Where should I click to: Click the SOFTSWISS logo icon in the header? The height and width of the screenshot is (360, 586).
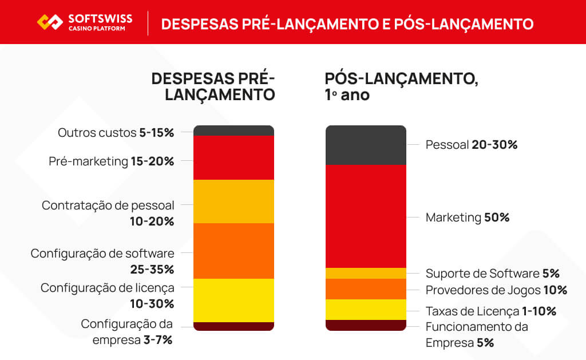tap(50, 22)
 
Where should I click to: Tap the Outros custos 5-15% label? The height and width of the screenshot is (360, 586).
tap(116, 133)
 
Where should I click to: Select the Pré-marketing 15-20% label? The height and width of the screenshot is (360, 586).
tap(111, 161)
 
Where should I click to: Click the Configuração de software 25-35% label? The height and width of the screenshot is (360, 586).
tap(102, 261)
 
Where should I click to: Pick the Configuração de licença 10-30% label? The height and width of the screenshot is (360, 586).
tap(107, 295)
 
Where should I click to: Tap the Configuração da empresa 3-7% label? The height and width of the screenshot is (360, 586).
tap(126, 331)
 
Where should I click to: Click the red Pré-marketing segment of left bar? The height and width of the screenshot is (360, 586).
tap(233, 157)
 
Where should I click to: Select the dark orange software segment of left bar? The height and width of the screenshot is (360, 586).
tap(233, 251)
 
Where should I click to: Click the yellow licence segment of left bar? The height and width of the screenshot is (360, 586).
tap(233, 300)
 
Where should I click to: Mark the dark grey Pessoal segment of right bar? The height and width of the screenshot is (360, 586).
tap(366, 145)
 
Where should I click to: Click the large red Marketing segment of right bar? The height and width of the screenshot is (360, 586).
tap(366, 216)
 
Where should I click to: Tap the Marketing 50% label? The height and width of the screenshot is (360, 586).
tap(467, 217)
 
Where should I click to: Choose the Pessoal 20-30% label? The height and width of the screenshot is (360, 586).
tap(471, 145)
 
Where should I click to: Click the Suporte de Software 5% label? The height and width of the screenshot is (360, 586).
tap(492, 274)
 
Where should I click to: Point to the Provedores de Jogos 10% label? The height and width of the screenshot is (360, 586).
tap(496, 290)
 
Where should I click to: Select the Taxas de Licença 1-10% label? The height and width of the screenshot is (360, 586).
tap(490, 311)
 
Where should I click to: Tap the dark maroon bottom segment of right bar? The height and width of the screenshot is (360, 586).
tap(366, 325)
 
